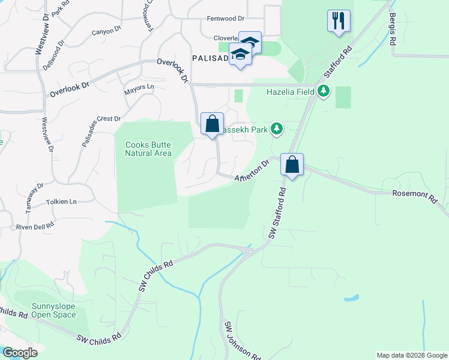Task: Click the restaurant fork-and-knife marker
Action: click(x=339, y=20)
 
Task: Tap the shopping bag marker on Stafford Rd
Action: click(x=292, y=164)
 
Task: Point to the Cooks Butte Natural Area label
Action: click(x=148, y=149)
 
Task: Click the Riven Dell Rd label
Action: click(x=35, y=226)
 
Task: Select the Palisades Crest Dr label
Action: click(x=101, y=131)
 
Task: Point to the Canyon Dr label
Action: click(x=106, y=31)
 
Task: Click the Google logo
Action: click(x=19, y=353)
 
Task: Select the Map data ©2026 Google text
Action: click(x=411, y=355)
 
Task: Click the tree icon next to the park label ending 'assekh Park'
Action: click(x=277, y=128)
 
